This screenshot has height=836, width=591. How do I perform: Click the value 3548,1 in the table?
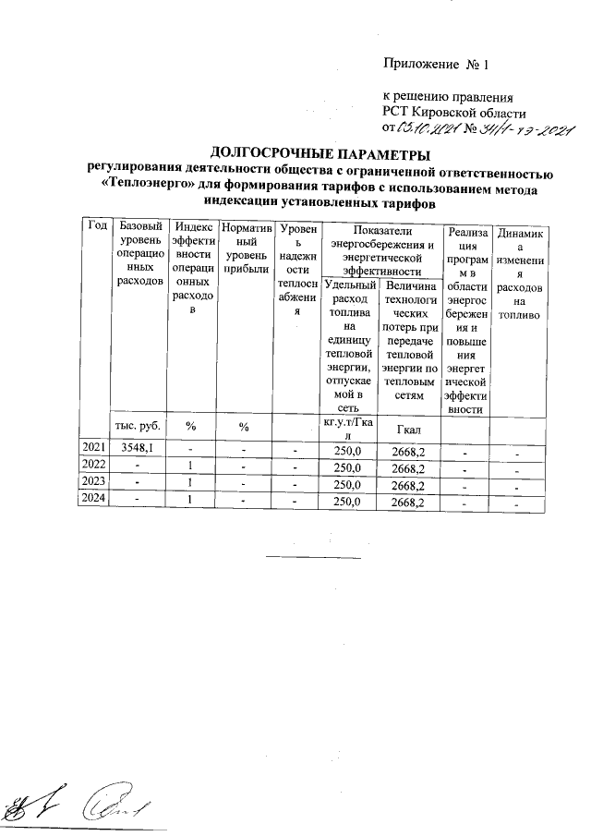pyautogui.click(x=138, y=448)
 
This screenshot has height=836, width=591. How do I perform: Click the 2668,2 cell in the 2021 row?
pyautogui.click(x=408, y=450)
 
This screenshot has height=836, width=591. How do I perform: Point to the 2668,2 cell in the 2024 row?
pyautogui.click(x=408, y=503)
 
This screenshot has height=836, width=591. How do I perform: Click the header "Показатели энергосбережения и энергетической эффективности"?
pyautogui.click(x=380, y=248)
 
